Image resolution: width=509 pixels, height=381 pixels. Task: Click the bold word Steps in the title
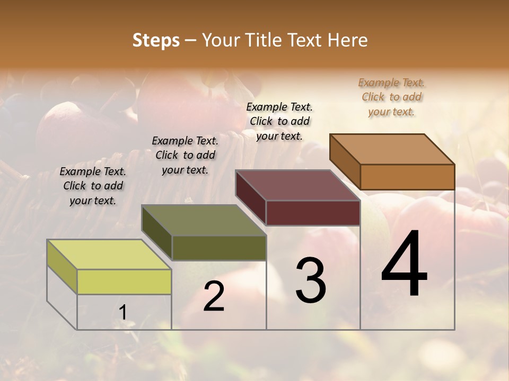point(156,40)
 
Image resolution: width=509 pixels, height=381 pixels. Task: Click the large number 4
point(404,265)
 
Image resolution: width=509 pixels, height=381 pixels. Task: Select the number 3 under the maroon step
point(310,280)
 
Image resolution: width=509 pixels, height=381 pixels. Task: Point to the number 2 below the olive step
point(214,297)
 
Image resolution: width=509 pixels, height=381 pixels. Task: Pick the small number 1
point(122,313)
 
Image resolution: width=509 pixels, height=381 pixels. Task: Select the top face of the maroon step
point(298,185)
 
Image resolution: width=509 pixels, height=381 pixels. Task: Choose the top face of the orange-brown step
point(392,149)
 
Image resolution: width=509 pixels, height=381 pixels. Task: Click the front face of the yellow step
point(124,282)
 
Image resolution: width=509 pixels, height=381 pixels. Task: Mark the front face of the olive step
point(219,248)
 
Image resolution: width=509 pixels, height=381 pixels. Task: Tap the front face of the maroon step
point(313,213)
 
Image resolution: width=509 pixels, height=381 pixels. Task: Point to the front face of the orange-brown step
point(407,177)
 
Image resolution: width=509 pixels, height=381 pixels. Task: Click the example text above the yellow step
point(93,186)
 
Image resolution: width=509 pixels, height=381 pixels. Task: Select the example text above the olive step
point(185,155)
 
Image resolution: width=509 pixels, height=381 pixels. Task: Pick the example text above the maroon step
point(279,121)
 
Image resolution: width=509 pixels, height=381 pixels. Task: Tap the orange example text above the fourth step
point(391,97)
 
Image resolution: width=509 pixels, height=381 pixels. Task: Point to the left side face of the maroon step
point(251,197)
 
